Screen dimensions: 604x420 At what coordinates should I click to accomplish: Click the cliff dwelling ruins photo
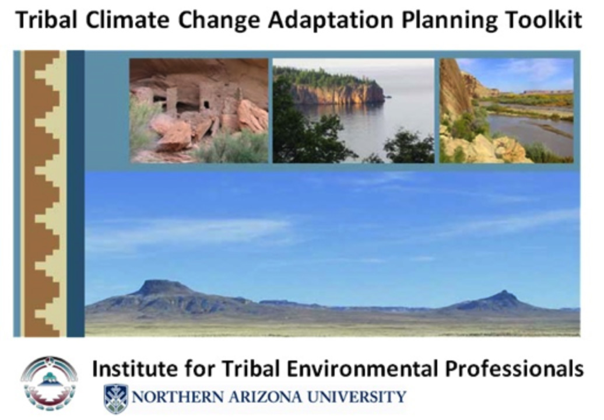click(x=199, y=111)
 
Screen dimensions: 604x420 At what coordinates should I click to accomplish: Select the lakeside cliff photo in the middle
click(x=354, y=111)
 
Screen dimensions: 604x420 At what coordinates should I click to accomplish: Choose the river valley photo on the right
click(x=507, y=111)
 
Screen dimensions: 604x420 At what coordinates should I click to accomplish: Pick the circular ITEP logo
click(x=50, y=383)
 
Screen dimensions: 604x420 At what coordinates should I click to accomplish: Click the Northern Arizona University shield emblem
click(x=115, y=398)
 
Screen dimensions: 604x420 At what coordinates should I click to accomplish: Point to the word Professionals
click(x=515, y=368)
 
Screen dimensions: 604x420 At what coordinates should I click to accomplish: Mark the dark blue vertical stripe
click(x=76, y=194)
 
